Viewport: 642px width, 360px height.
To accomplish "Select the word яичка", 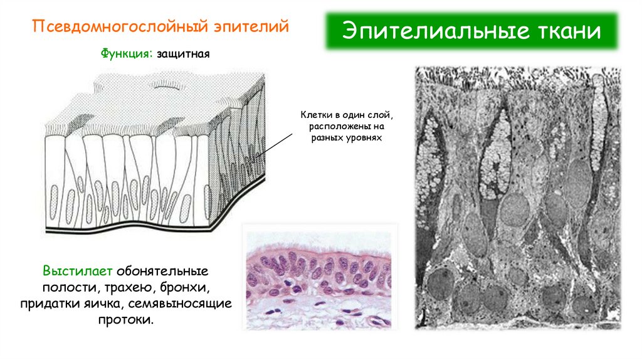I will coord(112,304).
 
